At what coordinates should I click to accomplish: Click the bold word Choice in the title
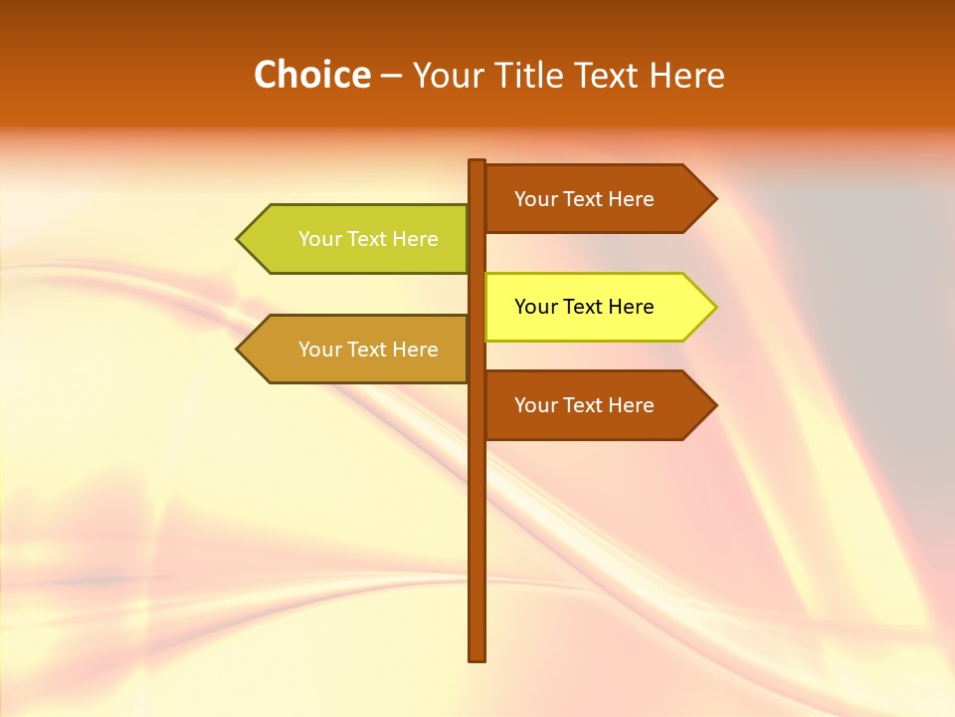click(311, 75)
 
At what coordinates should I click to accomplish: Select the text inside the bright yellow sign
click(584, 307)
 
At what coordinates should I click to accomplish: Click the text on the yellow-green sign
click(368, 239)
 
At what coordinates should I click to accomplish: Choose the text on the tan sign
click(368, 350)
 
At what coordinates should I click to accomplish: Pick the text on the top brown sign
click(584, 199)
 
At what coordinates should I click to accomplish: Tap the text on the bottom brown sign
click(584, 405)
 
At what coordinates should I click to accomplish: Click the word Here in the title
click(686, 75)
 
